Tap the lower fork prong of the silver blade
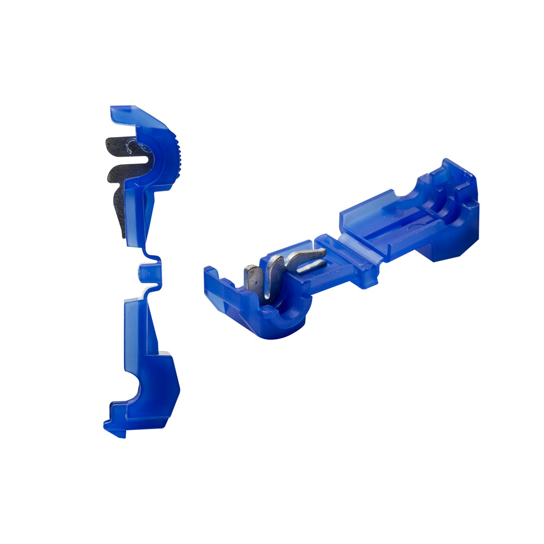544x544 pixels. pyautogui.click(x=313, y=265)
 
